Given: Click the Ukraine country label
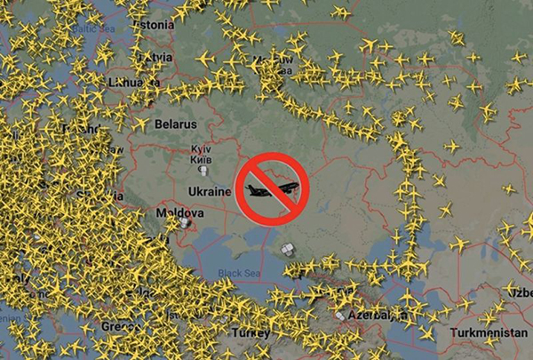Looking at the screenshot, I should point(211,191).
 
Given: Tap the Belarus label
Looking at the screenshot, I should point(175,125).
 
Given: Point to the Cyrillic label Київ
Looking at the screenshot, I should point(202,159).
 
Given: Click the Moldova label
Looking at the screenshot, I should point(179,214).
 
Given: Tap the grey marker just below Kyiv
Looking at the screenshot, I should point(205,168).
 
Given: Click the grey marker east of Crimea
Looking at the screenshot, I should point(288,252).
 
